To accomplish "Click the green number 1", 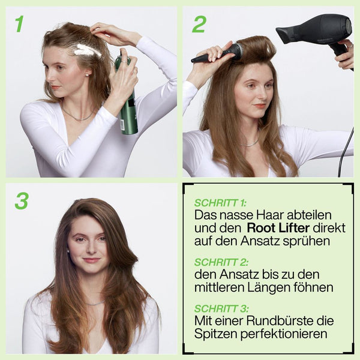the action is [20, 24].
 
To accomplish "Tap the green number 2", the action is [199, 25].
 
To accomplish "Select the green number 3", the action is [22, 201].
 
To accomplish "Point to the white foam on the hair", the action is [87, 50].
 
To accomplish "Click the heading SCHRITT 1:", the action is [220, 203].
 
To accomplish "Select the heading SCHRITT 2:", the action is [221, 262].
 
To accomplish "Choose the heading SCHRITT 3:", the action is [221, 308].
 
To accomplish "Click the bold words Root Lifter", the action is [278, 228].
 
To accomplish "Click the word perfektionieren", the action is [284, 334].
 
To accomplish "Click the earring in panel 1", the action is [87, 74].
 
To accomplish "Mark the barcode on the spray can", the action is [122, 125].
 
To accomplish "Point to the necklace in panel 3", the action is [94, 304].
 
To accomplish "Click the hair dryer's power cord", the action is [345, 152].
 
